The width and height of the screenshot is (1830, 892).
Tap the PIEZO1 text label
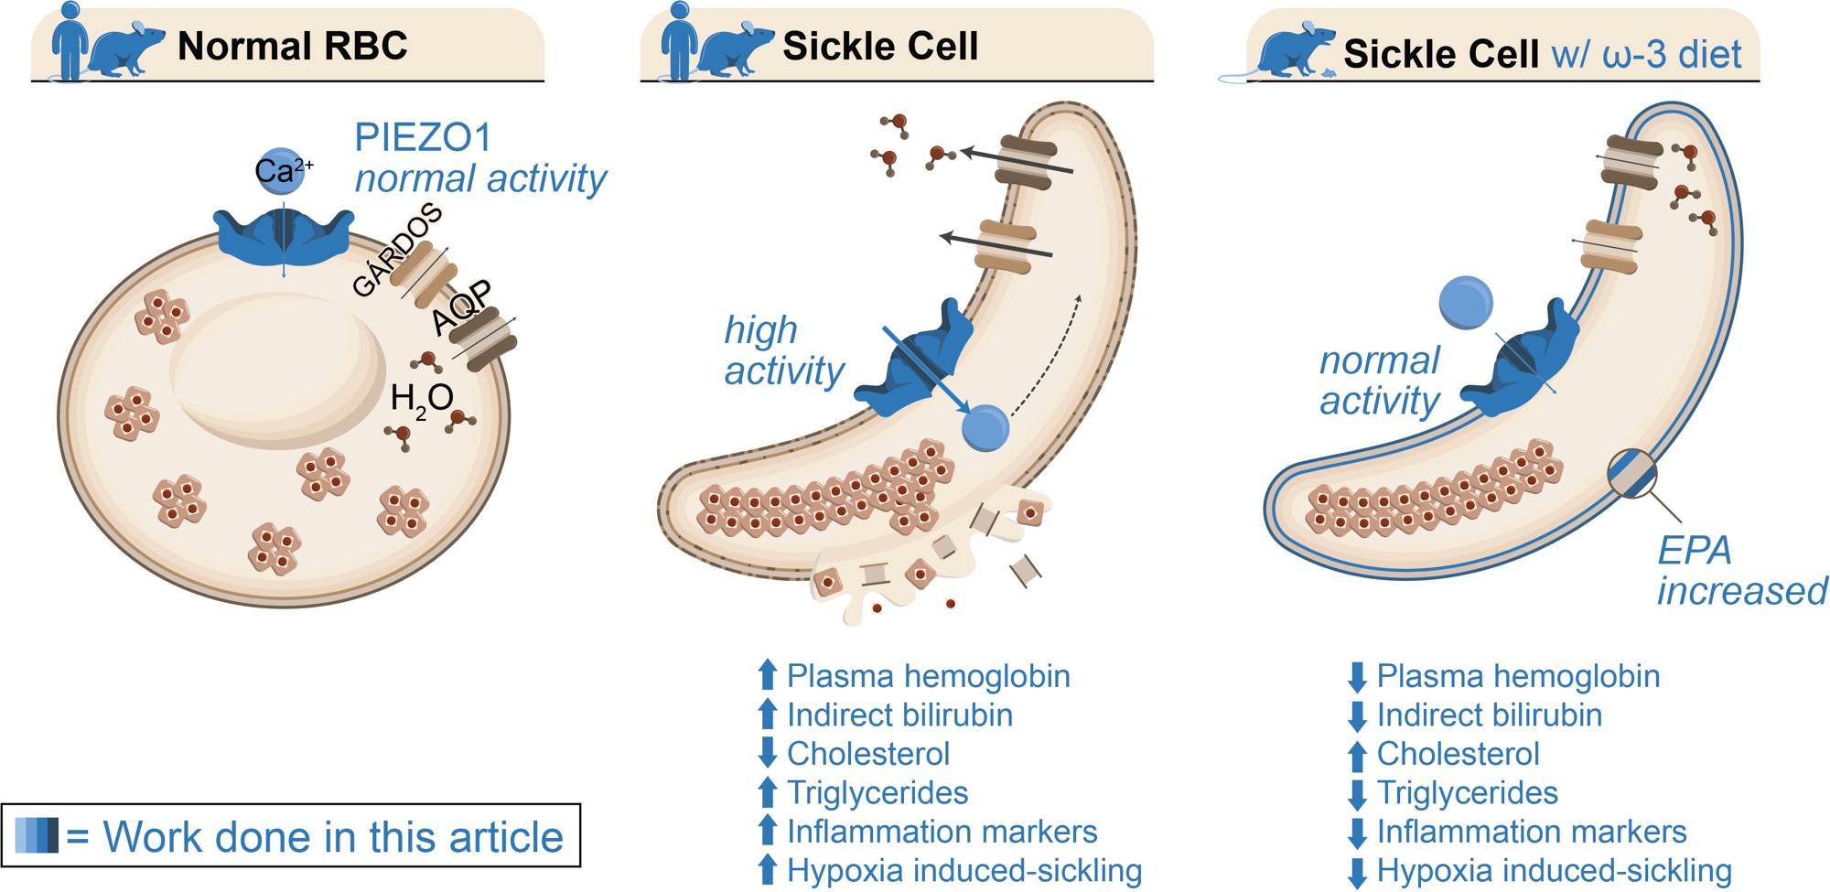point(423,138)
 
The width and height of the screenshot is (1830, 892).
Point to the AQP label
point(462,307)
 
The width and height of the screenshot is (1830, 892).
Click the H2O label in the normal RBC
point(421,399)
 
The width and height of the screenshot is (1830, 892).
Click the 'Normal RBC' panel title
point(292,46)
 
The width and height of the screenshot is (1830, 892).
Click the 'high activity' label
point(783,350)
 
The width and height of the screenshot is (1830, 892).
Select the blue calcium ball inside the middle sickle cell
point(985,427)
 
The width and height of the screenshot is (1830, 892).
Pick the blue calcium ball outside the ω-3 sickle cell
point(1466,303)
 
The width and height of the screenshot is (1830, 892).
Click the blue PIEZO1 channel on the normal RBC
point(284,237)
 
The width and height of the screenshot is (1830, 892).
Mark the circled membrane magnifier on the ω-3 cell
point(1632,473)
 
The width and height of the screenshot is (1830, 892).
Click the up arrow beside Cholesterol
point(1358,755)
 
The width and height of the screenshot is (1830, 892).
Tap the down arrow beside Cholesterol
point(768,753)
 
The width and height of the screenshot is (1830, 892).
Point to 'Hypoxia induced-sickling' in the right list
point(1554,870)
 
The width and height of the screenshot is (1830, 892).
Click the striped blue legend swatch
point(38,835)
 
